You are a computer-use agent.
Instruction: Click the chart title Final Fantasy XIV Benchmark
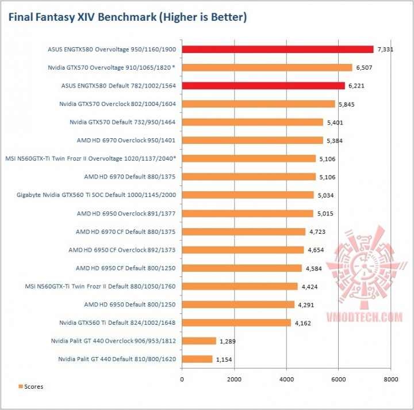tap(127, 18)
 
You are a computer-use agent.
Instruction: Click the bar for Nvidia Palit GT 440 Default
tap(197, 359)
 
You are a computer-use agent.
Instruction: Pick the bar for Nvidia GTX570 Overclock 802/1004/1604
tap(258, 104)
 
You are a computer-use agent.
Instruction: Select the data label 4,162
tap(304, 323)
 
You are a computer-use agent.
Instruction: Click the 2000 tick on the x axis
tap(234, 379)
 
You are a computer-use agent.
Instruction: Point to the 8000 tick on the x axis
tap(390, 379)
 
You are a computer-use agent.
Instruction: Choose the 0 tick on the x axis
tap(182, 379)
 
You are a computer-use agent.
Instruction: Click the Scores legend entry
tap(31, 386)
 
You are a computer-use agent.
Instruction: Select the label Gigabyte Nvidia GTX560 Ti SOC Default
tap(97, 195)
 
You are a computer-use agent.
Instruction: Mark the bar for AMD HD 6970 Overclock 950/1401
tap(252, 141)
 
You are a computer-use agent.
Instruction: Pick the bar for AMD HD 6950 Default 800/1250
tap(238, 305)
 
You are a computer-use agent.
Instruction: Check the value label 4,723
tap(319, 231)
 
